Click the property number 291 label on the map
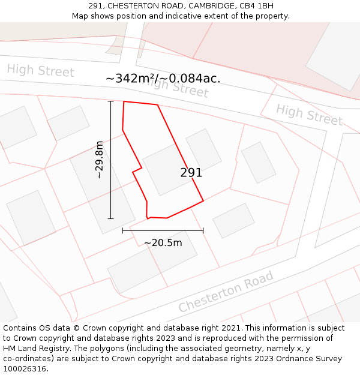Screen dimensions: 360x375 191,173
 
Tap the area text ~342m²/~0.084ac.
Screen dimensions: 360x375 163,79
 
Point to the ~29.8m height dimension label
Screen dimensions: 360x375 100,160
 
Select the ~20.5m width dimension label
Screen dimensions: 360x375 163,243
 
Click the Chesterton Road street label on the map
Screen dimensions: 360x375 226,292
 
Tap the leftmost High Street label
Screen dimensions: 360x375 40,70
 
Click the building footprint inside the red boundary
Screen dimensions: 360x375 168,169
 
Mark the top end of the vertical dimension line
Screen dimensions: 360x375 110,101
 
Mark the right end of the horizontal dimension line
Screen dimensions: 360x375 203,230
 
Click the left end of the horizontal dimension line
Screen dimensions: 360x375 122,230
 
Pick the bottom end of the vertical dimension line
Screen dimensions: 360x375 110,218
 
